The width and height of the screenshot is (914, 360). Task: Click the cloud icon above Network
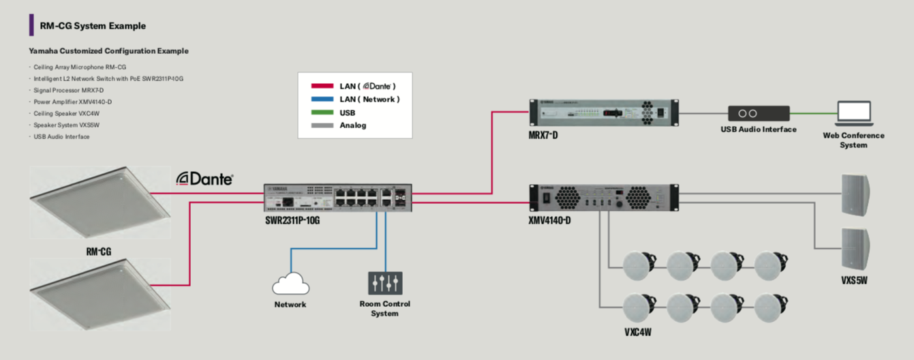290,284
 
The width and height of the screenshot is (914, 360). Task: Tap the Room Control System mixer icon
385,283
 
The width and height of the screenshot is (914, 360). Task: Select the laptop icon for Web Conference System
853,113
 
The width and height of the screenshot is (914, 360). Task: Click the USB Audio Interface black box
758,113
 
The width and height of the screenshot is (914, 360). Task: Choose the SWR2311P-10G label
292,220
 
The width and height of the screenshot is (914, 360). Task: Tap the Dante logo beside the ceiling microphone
204,179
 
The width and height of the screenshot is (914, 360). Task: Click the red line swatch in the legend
322,87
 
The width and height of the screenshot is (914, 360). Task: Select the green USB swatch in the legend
322,112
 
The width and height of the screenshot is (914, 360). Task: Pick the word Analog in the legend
353,125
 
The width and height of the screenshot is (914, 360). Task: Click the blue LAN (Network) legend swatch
322,100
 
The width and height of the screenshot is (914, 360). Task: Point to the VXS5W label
853,280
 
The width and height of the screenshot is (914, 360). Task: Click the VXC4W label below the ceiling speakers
638,333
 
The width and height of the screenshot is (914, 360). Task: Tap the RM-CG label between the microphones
99,252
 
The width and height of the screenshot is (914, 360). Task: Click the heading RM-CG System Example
93,26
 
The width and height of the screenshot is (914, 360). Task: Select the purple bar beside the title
31,25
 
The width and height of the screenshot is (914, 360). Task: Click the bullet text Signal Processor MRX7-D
69,90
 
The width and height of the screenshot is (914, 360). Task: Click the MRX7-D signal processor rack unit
603,113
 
